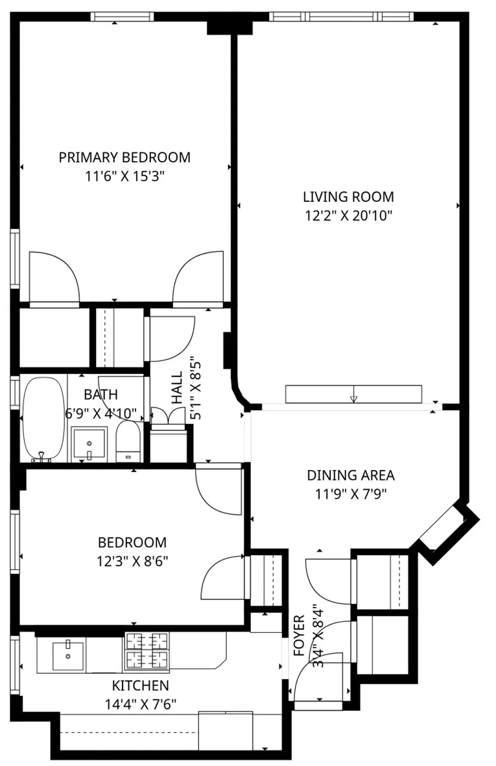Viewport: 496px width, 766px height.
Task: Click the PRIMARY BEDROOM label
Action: tap(124, 157)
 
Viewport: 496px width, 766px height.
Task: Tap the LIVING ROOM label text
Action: tap(348, 197)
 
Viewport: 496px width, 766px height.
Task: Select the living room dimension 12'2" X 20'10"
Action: tap(348, 215)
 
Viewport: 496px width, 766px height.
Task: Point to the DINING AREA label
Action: tap(350, 475)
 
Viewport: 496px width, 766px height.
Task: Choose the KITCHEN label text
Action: tap(141, 686)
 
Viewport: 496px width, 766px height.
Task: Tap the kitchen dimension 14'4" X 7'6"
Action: tap(141, 703)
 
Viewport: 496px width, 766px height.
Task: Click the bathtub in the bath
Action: tap(44, 418)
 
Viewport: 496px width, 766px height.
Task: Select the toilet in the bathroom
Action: tap(128, 441)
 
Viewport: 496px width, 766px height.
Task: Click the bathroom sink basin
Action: tap(89, 444)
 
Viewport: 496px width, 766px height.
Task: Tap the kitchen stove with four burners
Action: tap(147, 651)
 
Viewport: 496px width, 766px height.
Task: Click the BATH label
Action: tap(101, 394)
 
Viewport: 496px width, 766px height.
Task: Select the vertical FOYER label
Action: tap(300, 636)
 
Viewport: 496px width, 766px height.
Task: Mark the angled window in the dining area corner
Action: tap(446, 527)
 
